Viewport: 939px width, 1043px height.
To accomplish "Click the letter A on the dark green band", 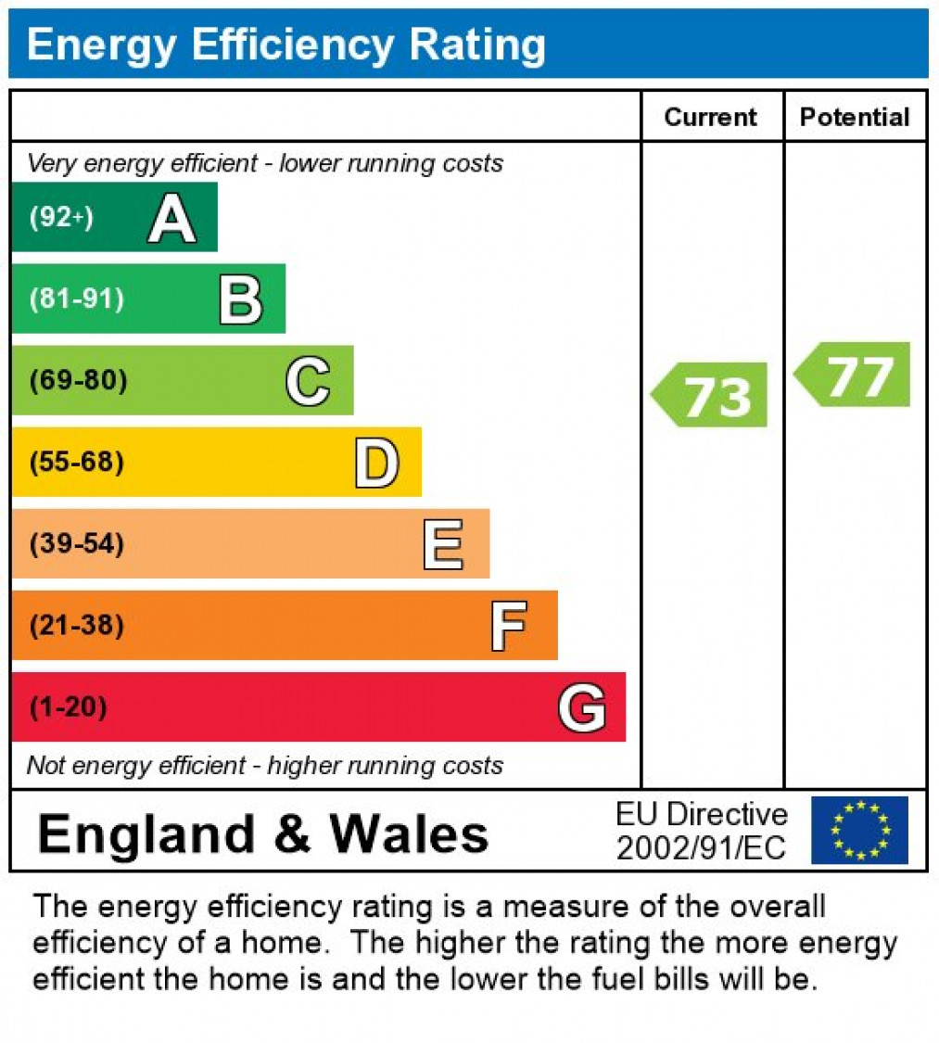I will pos(172,219).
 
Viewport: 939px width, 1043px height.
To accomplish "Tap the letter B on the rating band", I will pos(240,299).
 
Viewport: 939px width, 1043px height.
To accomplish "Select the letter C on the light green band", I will pos(308,381).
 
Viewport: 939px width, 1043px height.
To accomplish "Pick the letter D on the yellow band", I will pos(376,463).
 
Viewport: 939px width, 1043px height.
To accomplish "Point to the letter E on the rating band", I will pos(443,544).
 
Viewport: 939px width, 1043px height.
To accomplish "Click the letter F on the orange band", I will pos(509,626).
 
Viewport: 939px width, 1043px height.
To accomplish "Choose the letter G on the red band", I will pos(582,707).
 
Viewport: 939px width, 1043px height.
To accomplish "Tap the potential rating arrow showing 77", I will pos(854,375).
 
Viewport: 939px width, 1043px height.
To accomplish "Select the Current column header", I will pos(711,117).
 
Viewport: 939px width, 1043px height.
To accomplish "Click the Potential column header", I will pos(855,117).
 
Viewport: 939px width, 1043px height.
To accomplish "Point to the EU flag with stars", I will pos(859,830).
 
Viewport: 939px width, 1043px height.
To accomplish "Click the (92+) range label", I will pos(61,218).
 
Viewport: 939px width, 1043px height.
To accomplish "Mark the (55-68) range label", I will pos(76,462).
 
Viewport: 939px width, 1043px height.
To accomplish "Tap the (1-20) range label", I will pos(68,707).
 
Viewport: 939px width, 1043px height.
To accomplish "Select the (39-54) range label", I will pos(76,543).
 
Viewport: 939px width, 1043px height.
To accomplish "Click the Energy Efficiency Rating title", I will pos(286,44).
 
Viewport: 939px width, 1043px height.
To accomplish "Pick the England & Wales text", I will pos(263,833).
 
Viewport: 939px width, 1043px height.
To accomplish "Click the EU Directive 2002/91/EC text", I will pos(702,831).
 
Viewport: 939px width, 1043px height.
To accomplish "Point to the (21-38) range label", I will pos(76,626).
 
